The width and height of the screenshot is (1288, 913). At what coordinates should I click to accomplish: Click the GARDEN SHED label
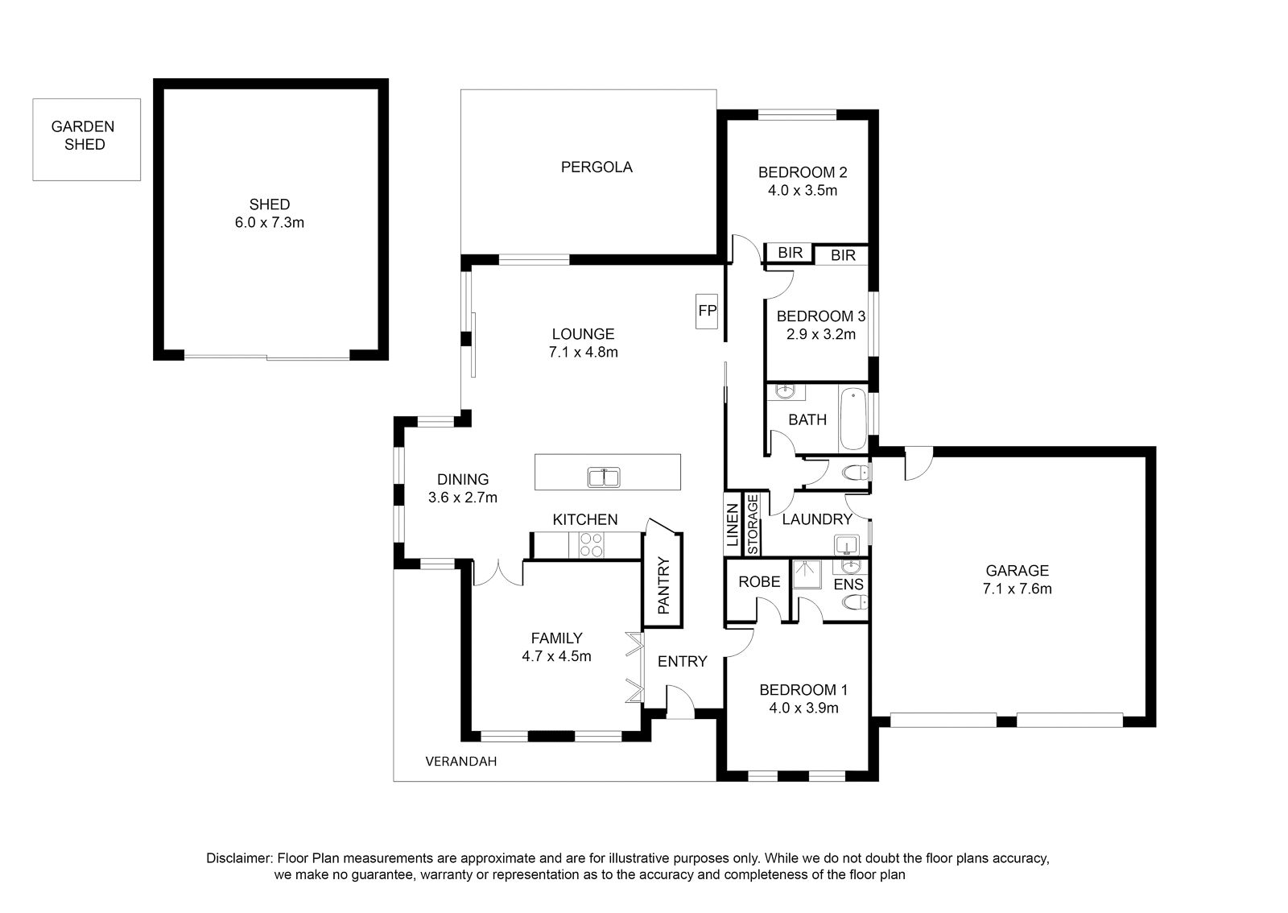click(x=85, y=135)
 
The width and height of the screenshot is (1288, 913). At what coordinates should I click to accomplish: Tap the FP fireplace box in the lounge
click(x=707, y=311)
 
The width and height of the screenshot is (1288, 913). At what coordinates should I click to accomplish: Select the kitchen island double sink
click(x=604, y=477)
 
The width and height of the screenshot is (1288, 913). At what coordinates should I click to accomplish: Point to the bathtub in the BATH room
click(x=852, y=419)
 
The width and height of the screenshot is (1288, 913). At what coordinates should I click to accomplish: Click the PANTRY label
click(x=663, y=585)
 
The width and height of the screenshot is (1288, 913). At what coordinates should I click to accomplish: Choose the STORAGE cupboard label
click(x=752, y=524)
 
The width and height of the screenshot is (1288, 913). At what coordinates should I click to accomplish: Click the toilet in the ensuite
click(x=855, y=602)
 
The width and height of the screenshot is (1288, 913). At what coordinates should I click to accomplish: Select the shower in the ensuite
click(x=807, y=574)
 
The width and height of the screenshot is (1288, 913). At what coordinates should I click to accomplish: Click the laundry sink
click(x=846, y=544)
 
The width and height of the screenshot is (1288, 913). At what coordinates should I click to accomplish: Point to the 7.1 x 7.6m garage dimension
click(x=1018, y=589)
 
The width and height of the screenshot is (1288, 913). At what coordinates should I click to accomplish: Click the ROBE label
click(x=759, y=582)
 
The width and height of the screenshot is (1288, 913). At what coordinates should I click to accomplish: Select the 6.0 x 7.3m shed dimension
click(x=269, y=222)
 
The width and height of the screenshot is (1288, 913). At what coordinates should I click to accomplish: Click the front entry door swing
click(x=681, y=701)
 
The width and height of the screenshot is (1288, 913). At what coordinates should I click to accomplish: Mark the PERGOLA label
click(x=597, y=167)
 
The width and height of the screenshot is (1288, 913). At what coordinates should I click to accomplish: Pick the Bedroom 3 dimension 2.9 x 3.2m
click(x=820, y=334)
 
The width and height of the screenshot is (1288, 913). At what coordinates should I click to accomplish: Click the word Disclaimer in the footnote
click(x=238, y=858)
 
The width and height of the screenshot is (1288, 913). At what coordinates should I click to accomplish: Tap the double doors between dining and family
click(x=498, y=574)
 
